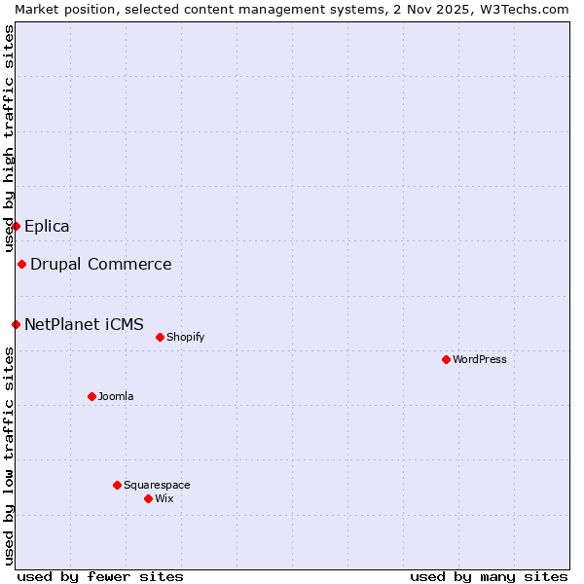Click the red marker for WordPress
[446, 359]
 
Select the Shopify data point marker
[160, 337]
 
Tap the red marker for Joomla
[91, 396]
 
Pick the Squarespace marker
[117, 485]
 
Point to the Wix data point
[148, 498]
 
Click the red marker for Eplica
[16, 226]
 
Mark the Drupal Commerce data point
[21, 264]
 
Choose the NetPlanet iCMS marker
[16, 324]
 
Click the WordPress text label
[480, 359]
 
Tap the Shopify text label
[185, 337]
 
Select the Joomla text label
[116, 396]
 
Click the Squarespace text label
[157, 485]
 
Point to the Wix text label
[164, 498]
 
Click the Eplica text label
[47, 226]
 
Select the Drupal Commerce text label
[101, 264]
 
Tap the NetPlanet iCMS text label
[84, 324]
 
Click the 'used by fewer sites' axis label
[100, 576]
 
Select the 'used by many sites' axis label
[489, 576]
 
